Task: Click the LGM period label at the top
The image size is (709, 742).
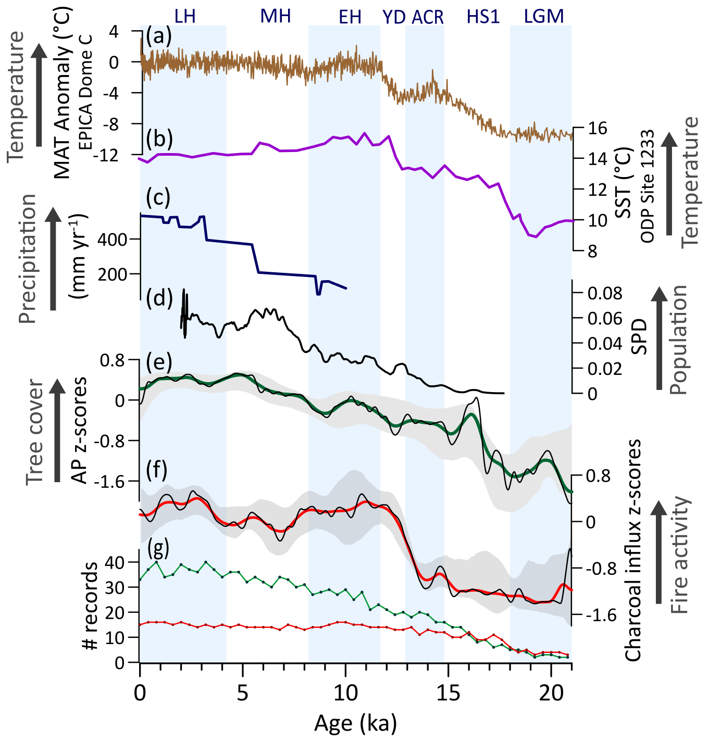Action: (544, 17)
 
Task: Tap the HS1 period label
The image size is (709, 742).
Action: (483, 17)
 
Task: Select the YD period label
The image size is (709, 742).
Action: (394, 17)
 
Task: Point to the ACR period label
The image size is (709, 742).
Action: (428, 17)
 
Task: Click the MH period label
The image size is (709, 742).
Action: (276, 17)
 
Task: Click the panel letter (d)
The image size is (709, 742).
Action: (159, 299)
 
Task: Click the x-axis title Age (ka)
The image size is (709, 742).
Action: (355, 723)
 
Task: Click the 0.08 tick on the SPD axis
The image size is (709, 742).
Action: (605, 293)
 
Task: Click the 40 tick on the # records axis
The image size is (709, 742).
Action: (115, 562)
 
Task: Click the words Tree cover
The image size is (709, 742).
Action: (35, 432)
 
